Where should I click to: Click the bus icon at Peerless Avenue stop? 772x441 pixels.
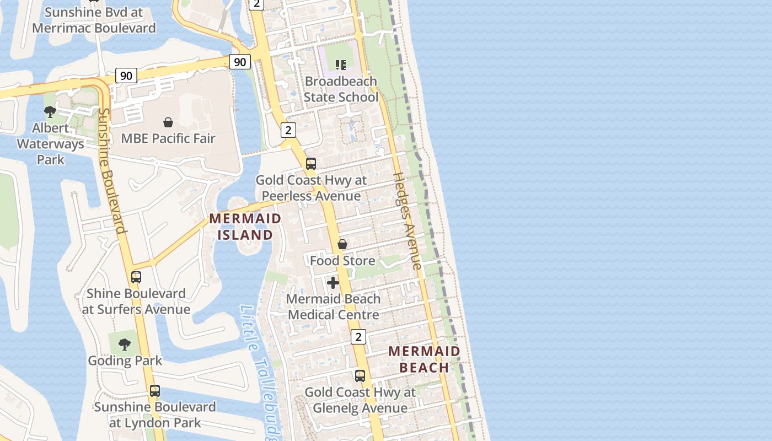[311, 164]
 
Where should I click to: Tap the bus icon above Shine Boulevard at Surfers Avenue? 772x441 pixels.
[136, 277]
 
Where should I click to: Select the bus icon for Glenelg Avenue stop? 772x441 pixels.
[360, 376]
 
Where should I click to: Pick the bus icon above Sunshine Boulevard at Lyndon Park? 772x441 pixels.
[155, 391]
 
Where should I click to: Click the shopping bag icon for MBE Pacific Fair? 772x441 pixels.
[168, 122]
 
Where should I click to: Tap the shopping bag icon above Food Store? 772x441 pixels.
[342, 244]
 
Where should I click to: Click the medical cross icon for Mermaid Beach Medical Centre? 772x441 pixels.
[333, 283]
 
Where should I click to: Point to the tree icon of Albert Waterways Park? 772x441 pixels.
[50, 112]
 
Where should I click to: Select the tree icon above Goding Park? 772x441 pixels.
[125, 345]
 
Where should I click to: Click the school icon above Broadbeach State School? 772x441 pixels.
[341, 65]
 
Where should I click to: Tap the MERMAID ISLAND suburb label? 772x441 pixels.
[245, 227]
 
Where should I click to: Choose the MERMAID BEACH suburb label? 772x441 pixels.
[424, 359]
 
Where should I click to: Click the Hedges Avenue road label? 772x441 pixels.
[408, 220]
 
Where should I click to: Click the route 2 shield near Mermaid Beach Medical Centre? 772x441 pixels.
[358, 337]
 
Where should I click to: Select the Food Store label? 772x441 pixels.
[342, 260]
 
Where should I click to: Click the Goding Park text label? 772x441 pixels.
[125, 361]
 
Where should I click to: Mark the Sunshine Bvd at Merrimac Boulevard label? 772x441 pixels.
[94, 20]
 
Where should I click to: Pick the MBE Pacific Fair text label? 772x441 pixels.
[168, 138]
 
